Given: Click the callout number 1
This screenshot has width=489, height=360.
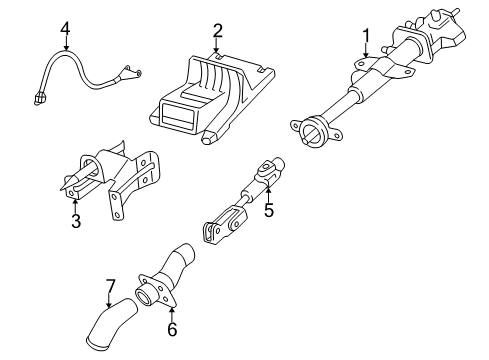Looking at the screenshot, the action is tap(366, 36).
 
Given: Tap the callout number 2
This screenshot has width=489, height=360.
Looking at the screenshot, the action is tap(217, 31).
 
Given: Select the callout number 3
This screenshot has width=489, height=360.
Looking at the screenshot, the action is tap(76, 221).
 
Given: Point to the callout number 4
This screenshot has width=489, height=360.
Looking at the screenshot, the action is tap(65, 28).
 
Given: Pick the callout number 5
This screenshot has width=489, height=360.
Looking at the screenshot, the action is tap(269, 210).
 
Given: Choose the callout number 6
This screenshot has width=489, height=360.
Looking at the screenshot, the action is tap(172, 329).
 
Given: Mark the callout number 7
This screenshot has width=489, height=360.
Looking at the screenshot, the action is tap(110, 286).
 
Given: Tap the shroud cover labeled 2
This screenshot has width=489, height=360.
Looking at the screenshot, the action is tap(211, 98).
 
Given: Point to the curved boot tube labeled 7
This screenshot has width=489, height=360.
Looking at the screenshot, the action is tap(111, 324).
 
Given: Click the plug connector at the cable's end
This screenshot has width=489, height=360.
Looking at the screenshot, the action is tap(40, 99).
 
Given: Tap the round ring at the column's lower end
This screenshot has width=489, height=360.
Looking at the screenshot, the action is tap(313, 131).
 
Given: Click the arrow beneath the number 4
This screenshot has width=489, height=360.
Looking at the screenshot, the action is tap(66, 43).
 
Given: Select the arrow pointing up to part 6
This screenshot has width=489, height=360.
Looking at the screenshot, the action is tap(172, 314).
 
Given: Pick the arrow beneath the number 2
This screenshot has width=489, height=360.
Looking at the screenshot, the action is tap(217, 45).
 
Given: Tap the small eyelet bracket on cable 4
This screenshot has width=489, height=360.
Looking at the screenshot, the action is tap(131, 72).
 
